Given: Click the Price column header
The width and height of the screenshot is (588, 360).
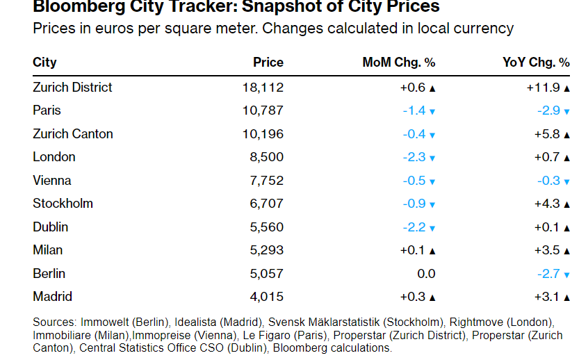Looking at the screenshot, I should (x=268, y=63).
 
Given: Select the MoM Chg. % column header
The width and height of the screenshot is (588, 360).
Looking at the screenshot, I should (x=398, y=63).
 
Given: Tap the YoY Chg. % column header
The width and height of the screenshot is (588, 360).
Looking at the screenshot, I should (x=535, y=63).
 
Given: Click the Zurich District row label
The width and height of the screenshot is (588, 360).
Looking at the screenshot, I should (x=72, y=88).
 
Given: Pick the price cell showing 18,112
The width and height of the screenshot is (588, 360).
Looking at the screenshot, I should (x=263, y=88).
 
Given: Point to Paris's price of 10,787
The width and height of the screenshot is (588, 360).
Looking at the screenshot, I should (x=263, y=111).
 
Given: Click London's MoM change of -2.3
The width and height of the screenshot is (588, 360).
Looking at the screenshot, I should (x=414, y=157).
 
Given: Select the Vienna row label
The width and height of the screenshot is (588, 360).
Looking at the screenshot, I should (x=52, y=181).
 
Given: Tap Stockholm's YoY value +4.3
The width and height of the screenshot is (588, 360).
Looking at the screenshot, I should (x=547, y=204).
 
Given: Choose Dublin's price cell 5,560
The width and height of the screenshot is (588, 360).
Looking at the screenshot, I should (x=266, y=227).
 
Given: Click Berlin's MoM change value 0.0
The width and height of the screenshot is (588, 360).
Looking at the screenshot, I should (x=425, y=274).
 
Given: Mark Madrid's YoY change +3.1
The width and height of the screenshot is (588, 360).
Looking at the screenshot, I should (x=547, y=297).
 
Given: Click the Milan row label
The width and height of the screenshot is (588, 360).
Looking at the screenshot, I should (x=47, y=250).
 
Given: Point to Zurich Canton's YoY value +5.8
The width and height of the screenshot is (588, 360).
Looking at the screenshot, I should (x=547, y=134).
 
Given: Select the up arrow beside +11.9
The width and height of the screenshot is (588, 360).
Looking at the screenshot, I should (x=567, y=88).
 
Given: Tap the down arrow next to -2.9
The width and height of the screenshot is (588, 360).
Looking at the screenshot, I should (x=567, y=111).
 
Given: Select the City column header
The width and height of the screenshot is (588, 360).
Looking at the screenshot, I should (x=44, y=63).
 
